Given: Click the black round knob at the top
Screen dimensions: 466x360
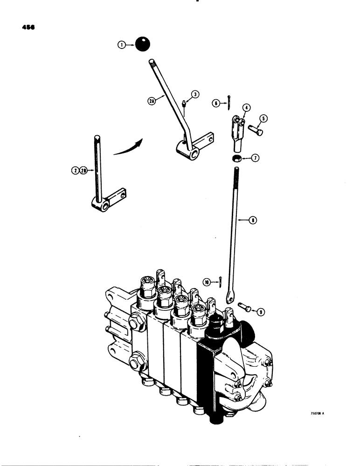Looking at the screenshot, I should coord(142,45).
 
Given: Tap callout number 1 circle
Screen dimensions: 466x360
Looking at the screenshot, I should coord(121,45).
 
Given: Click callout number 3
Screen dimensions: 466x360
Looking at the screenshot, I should coord(196,94).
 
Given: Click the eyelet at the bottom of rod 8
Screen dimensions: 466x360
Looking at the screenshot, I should coord(230,294).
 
